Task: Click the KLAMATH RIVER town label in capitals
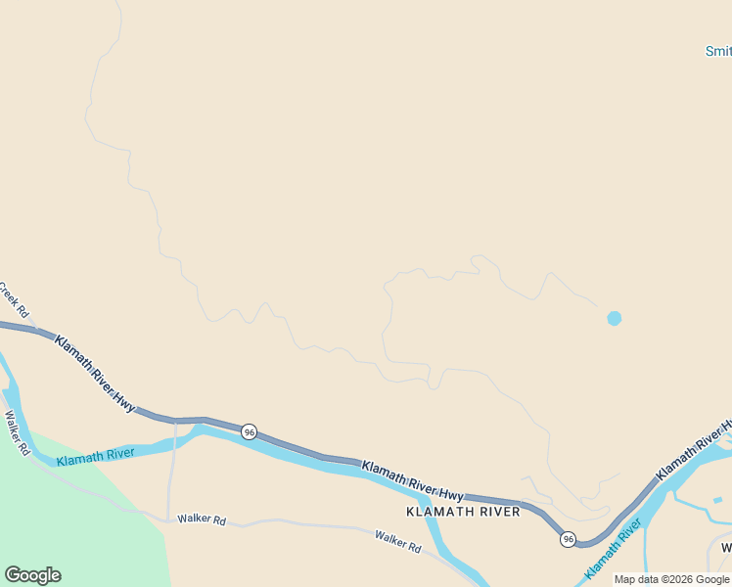point(463,512)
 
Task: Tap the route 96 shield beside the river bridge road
point(249,431)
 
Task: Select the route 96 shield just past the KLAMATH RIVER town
point(568,539)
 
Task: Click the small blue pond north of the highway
point(614,318)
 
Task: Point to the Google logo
point(32,575)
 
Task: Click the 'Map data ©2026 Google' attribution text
point(671,579)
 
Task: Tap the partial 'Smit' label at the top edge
point(718,51)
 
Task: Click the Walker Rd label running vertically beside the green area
point(18,433)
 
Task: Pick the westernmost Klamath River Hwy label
point(94,372)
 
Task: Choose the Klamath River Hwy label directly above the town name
point(412,480)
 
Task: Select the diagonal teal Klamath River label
point(614,548)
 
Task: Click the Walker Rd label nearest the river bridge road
point(202,519)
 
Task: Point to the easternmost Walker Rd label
point(397,541)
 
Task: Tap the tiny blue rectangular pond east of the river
point(717,500)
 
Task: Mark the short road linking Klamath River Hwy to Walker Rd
point(171,470)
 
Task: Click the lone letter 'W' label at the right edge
point(726,548)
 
